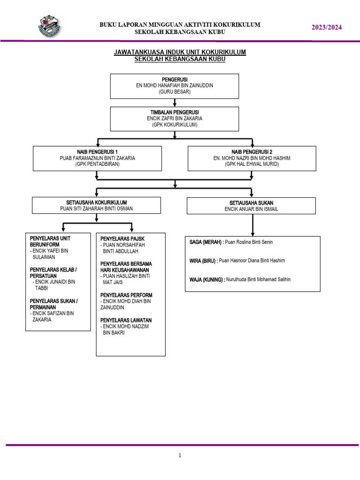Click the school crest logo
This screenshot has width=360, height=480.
click(50, 26)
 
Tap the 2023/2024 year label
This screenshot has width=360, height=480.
click(327, 27)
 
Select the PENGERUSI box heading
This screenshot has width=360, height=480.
click(174, 79)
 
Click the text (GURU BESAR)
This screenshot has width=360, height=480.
click(174, 91)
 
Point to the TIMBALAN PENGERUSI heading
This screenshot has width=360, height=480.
click(174, 112)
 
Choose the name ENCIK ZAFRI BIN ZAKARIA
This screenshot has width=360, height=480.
click(174, 118)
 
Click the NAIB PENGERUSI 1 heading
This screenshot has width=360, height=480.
click(97, 152)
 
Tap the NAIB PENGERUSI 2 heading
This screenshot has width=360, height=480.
click(252, 152)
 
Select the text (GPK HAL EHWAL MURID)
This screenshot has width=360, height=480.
click(252, 164)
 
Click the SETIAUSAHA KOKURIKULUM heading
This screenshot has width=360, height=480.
click(97, 202)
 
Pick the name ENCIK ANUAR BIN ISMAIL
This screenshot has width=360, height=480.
click(251, 209)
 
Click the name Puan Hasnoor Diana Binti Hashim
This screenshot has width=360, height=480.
click(252, 261)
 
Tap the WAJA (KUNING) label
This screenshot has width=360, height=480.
click(207, 279)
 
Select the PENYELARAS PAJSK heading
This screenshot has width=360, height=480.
click(122, 239)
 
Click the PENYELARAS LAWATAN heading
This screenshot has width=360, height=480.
click(126, 320)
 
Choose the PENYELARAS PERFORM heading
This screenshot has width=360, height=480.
click(127, 295)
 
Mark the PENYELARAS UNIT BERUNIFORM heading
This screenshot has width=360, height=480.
click(50, 241)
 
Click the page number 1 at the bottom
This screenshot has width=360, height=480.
click(180, 455)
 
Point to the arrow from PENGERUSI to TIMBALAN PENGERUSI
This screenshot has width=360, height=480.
click(174, 103)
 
